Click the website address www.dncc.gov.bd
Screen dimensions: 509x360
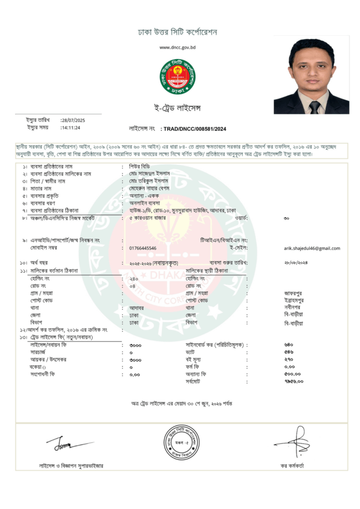pyautogui.click(x=178, y=47)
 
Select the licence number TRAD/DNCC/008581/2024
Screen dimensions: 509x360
pyautogui.click(x=194, y=129)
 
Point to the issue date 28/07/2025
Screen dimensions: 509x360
pyautogui.click(x=73, y=120)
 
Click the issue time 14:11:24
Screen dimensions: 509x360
pyautogui.click(x=71, y=128)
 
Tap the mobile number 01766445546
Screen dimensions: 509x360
pyautogui.click(x=143, y=248)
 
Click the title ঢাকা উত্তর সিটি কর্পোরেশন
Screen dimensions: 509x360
pyautogui.click(x=178, y=32)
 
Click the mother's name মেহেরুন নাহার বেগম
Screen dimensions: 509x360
pyautogui.click(x=148, y=188)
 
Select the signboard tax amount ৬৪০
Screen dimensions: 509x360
pyautogui.click(x=289, y=344)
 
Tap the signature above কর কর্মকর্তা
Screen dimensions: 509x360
pyautogui.click(x=293, y=442)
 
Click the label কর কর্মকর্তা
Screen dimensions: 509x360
pyautogui.click(x=292, y=466)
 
